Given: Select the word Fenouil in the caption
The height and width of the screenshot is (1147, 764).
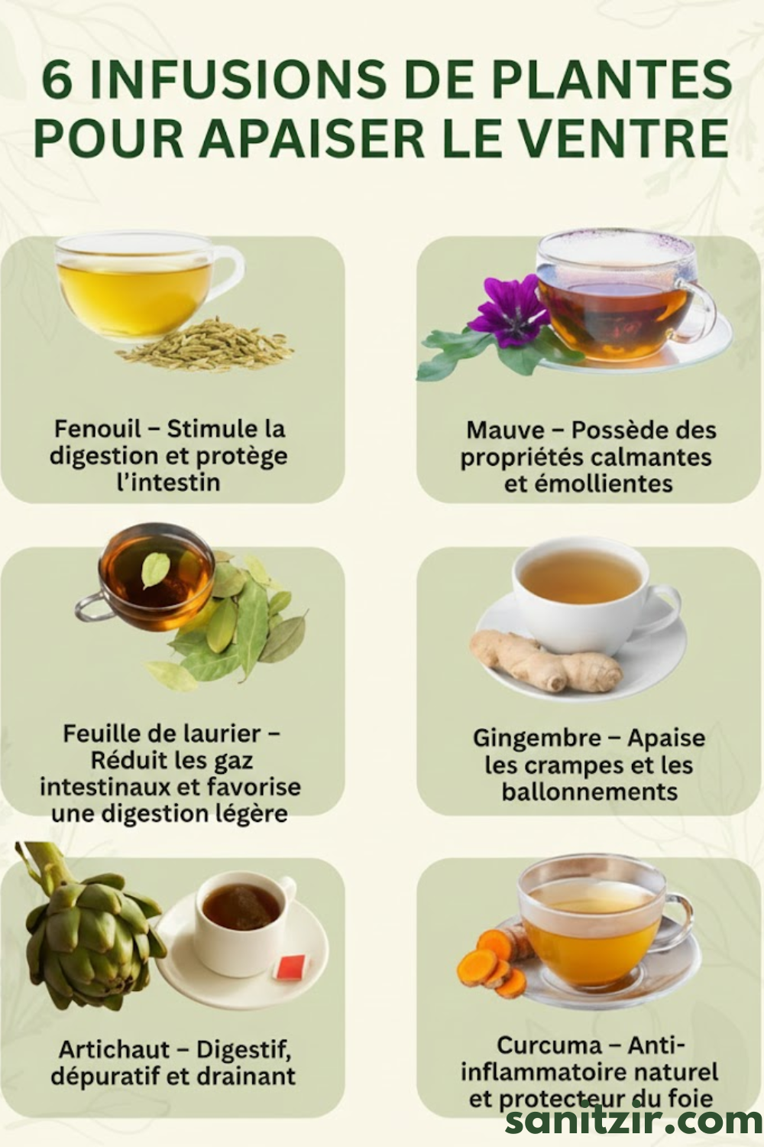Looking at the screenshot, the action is coord(97,429).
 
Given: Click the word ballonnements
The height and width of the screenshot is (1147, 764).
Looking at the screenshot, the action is coord(590,791).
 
